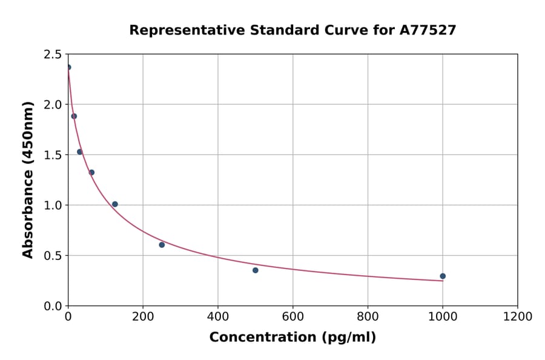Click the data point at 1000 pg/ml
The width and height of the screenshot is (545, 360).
[443, 276]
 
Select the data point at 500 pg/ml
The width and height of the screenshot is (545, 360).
[256, 270]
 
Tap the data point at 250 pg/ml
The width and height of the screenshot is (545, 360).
[162, 245]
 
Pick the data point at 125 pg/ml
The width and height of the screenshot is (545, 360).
[115, 204]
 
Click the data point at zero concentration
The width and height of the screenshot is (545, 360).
[68, 67]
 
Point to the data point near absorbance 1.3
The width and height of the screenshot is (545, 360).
[91, 172]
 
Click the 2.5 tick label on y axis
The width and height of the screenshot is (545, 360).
[52, 55]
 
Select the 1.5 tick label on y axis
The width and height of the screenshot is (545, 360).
[52, 155]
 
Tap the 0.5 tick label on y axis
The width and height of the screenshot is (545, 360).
[52, 256]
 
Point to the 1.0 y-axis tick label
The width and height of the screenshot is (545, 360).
[52, 205]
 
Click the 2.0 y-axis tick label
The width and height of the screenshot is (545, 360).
[52, 105]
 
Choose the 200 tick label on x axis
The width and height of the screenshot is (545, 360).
[143, 316]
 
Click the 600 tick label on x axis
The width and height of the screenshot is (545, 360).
[293, 316]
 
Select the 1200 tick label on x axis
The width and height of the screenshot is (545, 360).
[518, 316]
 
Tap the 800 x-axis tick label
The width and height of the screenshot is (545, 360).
[368, 316]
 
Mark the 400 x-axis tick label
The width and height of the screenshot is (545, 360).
[218, 316]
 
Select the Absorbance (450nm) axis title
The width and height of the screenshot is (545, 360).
[28, 179]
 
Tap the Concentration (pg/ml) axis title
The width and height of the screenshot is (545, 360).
[292, 338]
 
